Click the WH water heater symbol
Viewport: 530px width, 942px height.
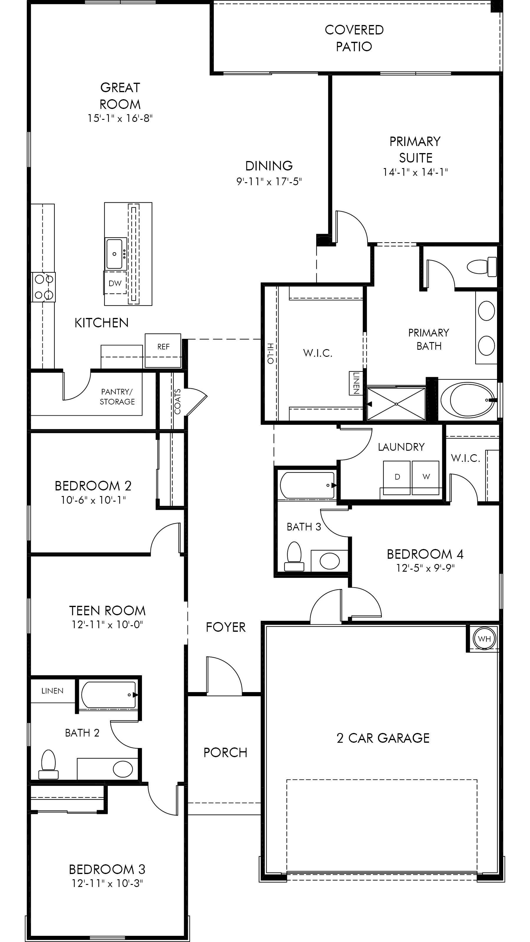pos(484,639)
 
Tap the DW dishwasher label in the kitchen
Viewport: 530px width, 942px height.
pos(115,283)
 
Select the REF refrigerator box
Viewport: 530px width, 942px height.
pos(163,350)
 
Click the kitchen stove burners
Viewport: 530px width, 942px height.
pos(44,287)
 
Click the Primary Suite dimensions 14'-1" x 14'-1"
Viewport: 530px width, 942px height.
pos(415,172)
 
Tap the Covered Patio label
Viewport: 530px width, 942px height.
pos(354,38)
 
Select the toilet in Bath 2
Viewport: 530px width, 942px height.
pos(48,764)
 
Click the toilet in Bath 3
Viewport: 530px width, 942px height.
pos(294,556)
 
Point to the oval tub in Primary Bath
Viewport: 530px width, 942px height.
pos(468,400)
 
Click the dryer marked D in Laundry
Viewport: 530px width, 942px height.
pos(397,477)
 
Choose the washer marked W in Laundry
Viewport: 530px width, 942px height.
pos(425,477)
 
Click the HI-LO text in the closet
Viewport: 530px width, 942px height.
pos(270,353)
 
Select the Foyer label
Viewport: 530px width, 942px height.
pos(226,627)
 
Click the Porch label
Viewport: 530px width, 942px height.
pos(225,752)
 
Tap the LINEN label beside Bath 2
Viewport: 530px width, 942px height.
pos(52,691)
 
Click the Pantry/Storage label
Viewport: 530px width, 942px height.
pos(117,397)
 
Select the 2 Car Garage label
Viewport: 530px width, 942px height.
pos(383,738)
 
